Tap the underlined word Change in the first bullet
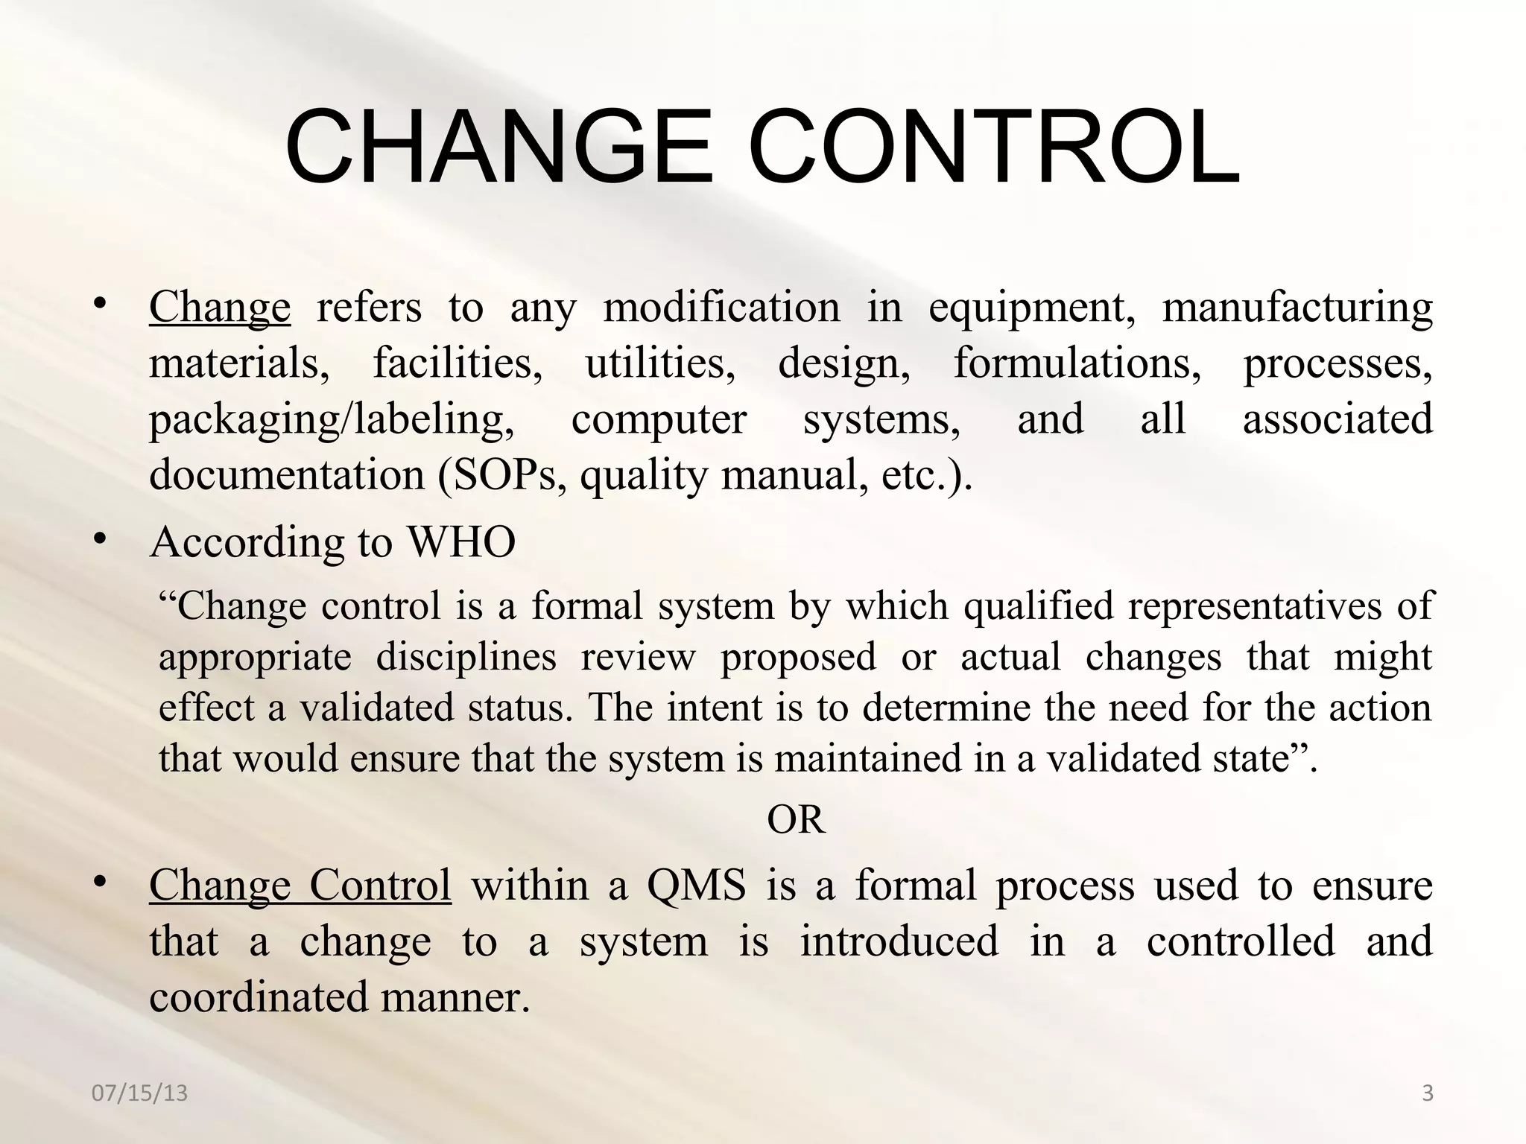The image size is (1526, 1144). [x=220, y=308]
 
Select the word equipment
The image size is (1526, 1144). [x=1032, y=308]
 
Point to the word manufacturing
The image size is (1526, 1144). [x=1297, y=308]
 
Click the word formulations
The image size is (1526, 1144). [x=1077, y=363]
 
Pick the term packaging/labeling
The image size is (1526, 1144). [x=332, y=419]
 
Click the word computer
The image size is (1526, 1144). [x=659, y=419]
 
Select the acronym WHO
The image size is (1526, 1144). [x=461, y=541]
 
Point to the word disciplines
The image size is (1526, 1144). [x=466, y=657]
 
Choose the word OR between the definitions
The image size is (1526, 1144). [x=796, y=819]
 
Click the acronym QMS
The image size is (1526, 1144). [x=696, y=886]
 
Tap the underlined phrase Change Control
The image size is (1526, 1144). [x=300, y=886]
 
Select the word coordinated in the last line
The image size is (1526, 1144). [x=259, y=997]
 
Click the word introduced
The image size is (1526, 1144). [x=899, y=941]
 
